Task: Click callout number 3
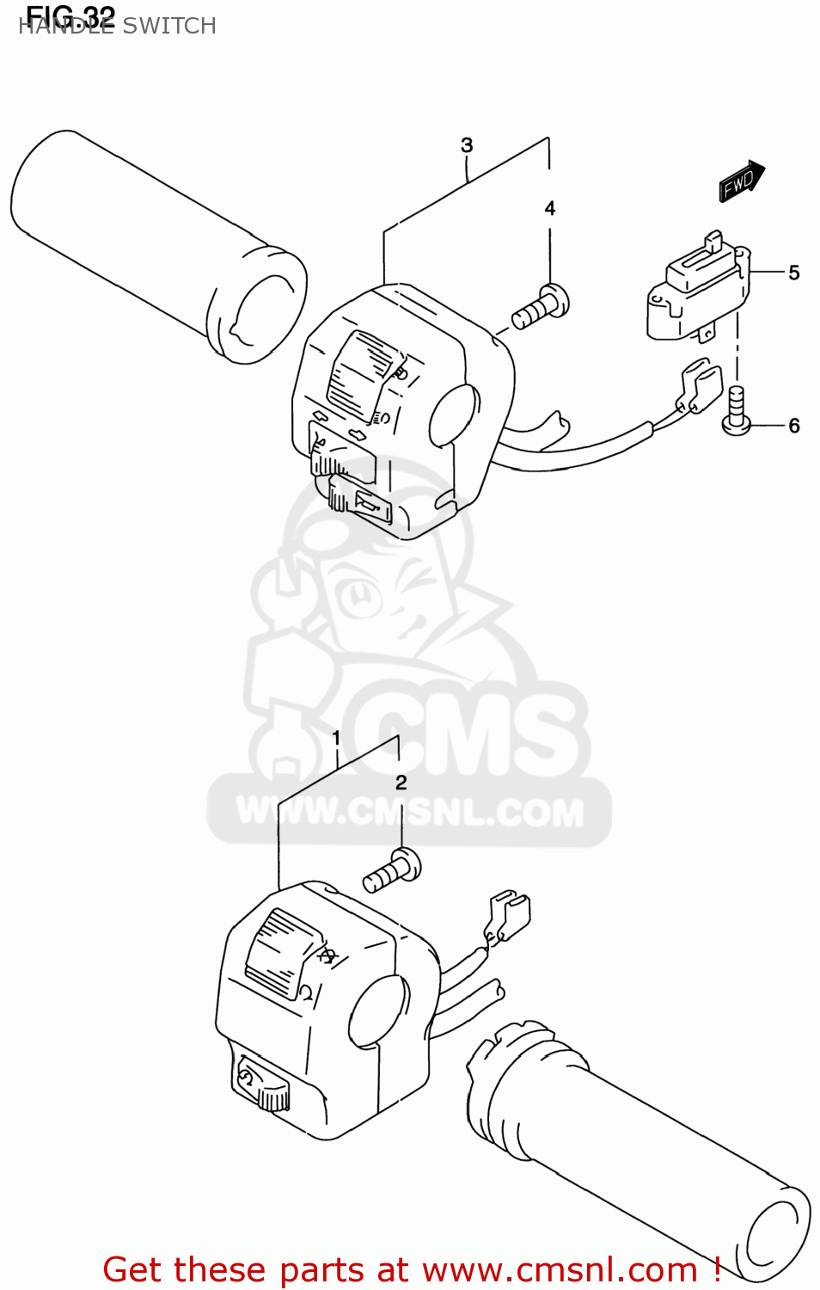pyautogui.click(x=467, y=145)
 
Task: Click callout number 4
pyautogui.click(x=550, y=208)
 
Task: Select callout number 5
pyautogui.click(x=794, y=273)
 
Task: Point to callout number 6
pyautogui.click(x=794, y=426)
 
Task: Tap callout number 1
pyautogui.click(x=336, y=738)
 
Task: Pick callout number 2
pyautogui.click(x=401, y=783)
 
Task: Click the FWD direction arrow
pyautogui.click(x=741, y=181)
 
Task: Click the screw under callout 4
pyautogui.click(x=542, y=308)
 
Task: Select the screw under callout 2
pyautogui.click(x=393, y=870)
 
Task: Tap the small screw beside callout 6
pyautogui.click(x=737, y=410)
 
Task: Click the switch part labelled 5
pyautogui.click(x=696, y=288)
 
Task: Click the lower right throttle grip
pyautogui.click(x=636, y=1135)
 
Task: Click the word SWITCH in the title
pyautogui.click(x=169, y=27)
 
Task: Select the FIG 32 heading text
pyautogui.click(x=70, y=15)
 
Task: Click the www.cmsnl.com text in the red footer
pyautogui.click(x=560, y=1270)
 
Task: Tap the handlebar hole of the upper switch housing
pyautogui.click(x=453, y=415)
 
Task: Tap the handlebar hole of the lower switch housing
pyautogui.click(x=376, y=1012)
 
